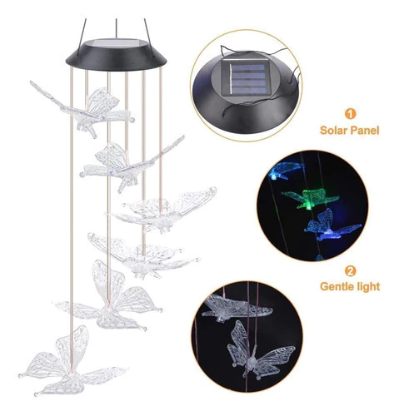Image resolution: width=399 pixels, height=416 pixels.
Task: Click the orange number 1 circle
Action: pyautogui.click(x=350, y=114)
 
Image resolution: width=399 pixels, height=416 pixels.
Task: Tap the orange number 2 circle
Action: pyautogui.click(x=350, y=270)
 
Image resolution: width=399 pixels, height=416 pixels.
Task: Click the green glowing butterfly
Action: pyautogui.click(x=311, y=198)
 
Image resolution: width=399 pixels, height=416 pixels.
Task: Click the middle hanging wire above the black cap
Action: pyautogui.click(x=116, y=28)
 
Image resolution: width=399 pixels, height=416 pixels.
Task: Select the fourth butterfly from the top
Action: pyautogui.click(x=142, y=256)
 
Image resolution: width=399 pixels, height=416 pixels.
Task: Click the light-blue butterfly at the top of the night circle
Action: pyautogui.click(x=286, y=171)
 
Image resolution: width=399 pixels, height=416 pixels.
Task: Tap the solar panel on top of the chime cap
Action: pyautogui.click(x=116, y=43)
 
